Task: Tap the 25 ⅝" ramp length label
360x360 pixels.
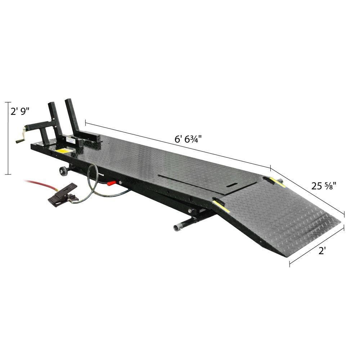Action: tap(324, 186)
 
